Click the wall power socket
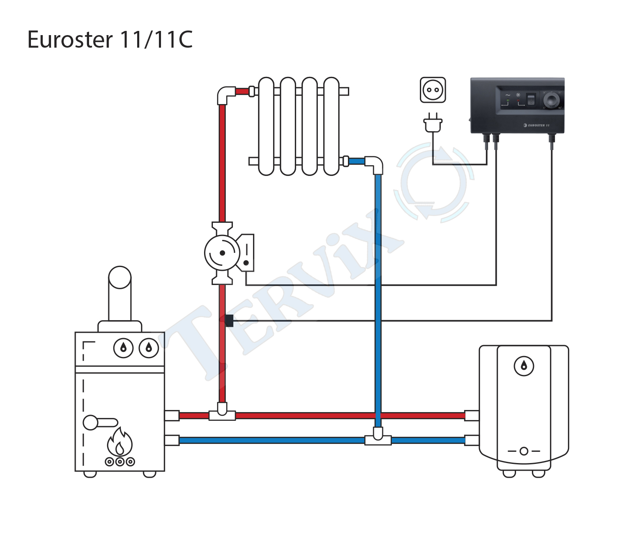(x=433, y=90)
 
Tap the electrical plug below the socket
(x=433, y=123)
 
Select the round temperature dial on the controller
(x=552, y=101)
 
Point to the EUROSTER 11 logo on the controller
(x=536, y=125)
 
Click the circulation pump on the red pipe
(x=229, y=253)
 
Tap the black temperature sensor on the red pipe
(x=229, y=321)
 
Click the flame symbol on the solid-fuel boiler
(x=120, y=442)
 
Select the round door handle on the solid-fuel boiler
(x=91, y=423)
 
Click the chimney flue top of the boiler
(x=120, y=277)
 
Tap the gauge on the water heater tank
(x=524, y=366)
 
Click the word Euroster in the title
(x=70, y=40)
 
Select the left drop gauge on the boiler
(x=123, y=348)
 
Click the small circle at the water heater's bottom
(x=524, y=451)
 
